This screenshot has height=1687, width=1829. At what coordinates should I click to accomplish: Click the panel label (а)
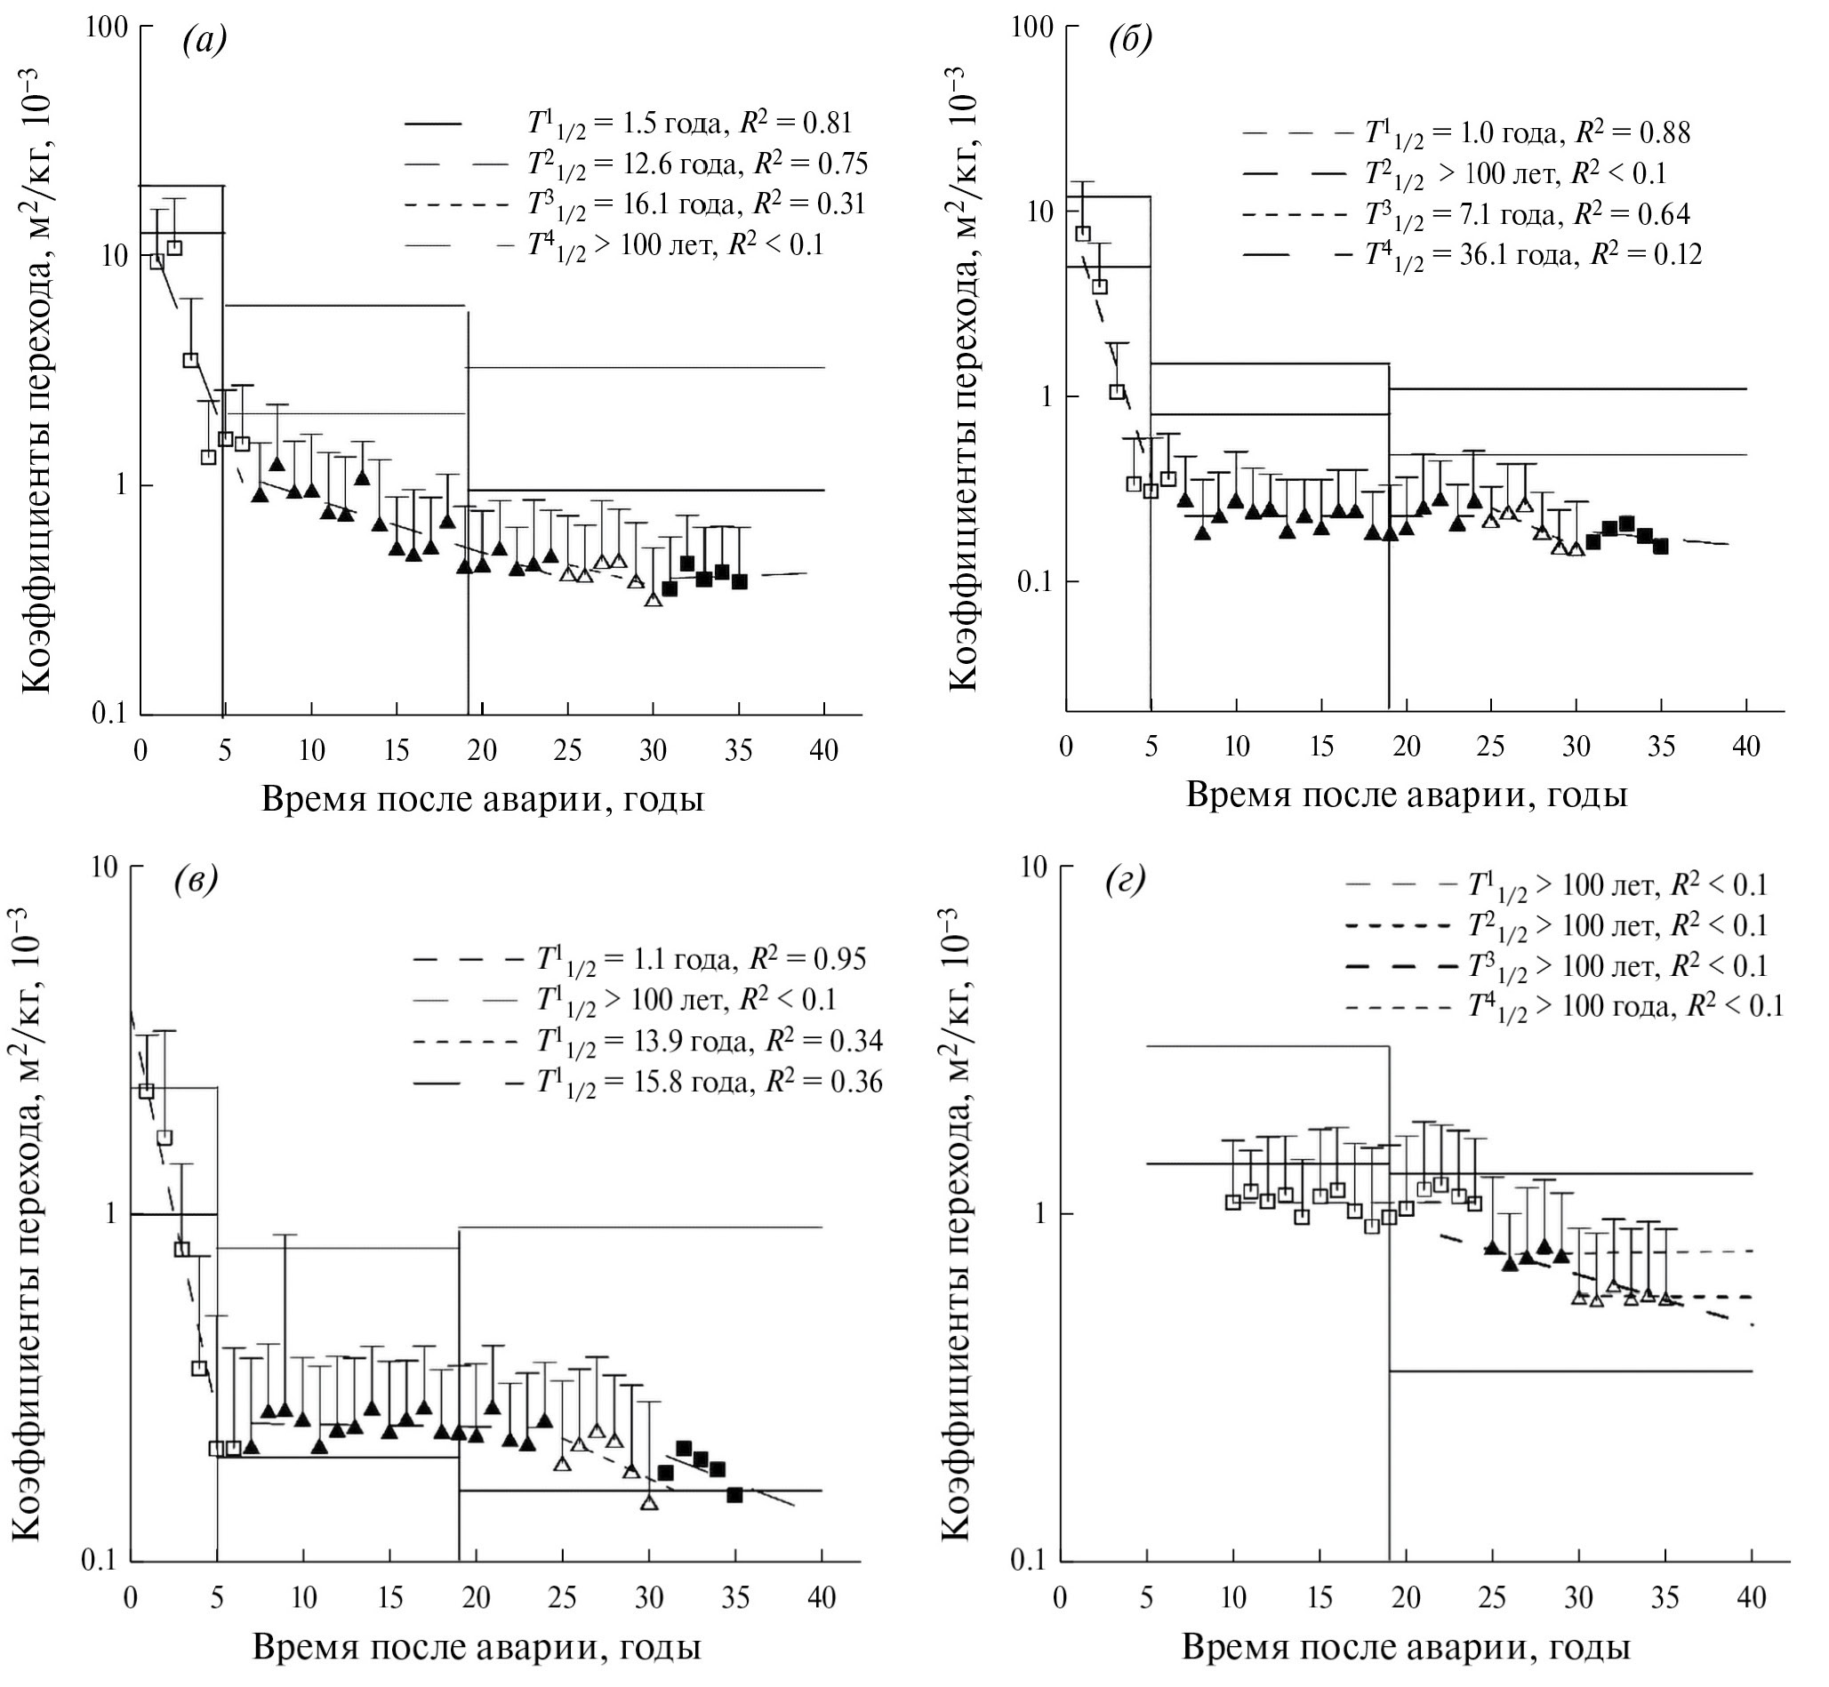coord(204,41)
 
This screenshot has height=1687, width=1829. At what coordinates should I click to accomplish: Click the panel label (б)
coord(1130,41)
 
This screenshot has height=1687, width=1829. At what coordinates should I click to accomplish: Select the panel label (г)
coord(1125,882)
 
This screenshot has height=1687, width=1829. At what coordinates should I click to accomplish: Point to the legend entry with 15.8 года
coord(709,1083)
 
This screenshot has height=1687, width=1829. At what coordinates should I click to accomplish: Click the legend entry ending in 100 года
coord(1624,1006)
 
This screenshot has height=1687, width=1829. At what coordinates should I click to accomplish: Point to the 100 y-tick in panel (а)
coord(106,28)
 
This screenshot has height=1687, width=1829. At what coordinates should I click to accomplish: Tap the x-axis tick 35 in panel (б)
coord(1661,746)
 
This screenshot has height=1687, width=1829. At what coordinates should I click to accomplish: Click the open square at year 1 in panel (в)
coord(146,1091)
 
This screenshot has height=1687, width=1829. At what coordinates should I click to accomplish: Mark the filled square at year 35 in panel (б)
coord(1661,546)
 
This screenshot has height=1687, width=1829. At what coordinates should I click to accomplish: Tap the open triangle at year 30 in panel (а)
coord(653,600)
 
